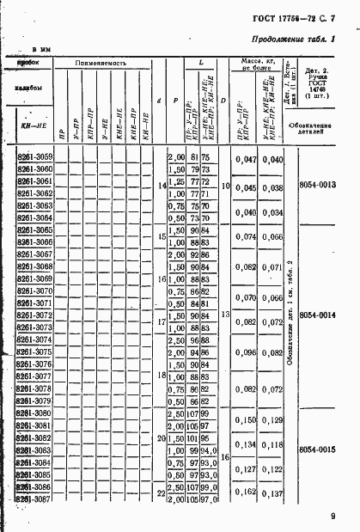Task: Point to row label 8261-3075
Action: [34, 352]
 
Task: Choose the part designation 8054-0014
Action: [323, 315]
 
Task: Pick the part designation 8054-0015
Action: [323, 449]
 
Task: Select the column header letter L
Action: [200, 64]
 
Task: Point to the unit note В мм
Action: [44, 51]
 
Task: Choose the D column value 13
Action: [223, 315]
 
